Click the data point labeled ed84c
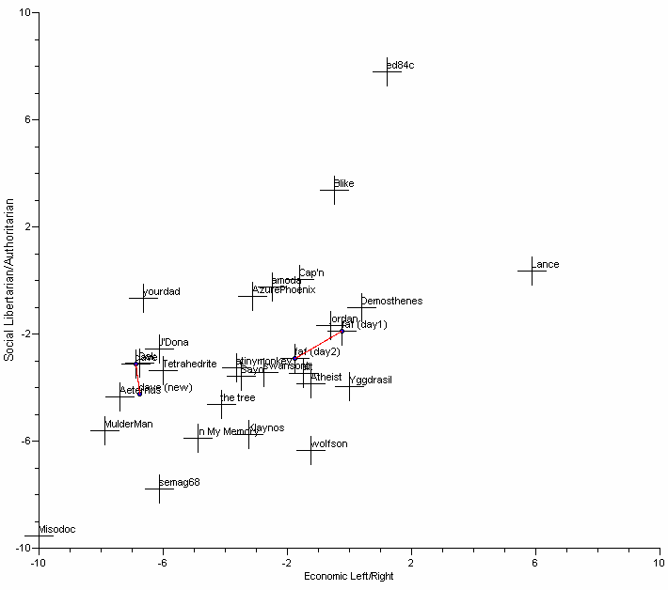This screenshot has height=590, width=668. point(387,70)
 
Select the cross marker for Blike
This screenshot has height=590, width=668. point(334,190)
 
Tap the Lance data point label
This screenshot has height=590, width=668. point(546,265)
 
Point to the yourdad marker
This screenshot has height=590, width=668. point(143,298)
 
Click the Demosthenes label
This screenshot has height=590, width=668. point(391,302)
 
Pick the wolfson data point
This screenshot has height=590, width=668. point(310,450)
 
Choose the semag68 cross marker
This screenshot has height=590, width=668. point(159,489)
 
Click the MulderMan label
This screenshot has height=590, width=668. point(128,425)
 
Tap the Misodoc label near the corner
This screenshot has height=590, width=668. point(56,530)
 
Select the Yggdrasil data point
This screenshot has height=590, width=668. point(349,386)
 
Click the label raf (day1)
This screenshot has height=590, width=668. point(364,325)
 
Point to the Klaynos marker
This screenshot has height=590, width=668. point(249,434)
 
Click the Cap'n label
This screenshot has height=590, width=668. point(311,273)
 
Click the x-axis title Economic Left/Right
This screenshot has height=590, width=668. point(348,576)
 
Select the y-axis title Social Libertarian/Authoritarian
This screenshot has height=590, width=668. point(9,279)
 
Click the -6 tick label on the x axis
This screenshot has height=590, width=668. point(162,563)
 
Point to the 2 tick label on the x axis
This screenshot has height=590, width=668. point(411,563)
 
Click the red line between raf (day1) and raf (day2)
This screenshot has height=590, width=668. point(319,345)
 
